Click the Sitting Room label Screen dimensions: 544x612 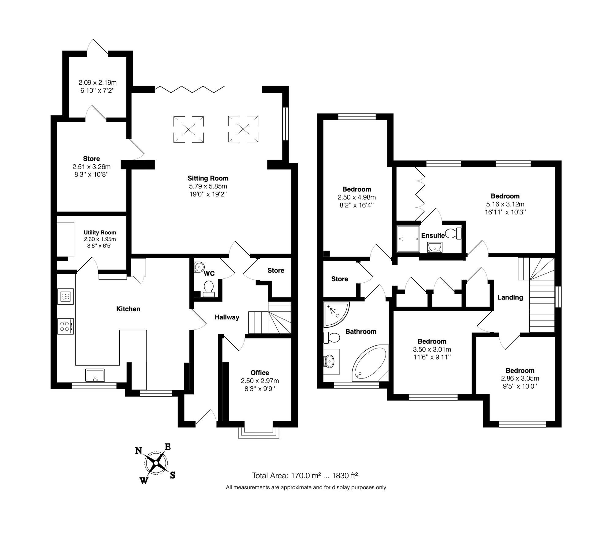208,178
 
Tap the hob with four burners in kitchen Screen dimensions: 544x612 65,326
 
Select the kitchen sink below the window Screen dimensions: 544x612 95,375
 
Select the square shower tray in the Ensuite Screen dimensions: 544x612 408,239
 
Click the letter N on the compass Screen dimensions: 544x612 139,451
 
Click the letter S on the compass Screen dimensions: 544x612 173,475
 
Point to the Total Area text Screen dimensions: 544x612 305,475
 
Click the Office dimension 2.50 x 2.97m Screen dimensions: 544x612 260,381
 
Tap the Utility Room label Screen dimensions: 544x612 100,233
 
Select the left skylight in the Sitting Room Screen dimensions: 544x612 188,129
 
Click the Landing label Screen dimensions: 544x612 510,297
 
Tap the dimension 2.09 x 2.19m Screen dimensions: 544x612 97,83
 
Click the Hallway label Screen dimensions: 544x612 227,317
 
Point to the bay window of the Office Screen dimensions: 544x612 259,431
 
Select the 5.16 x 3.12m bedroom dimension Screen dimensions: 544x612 505,204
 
